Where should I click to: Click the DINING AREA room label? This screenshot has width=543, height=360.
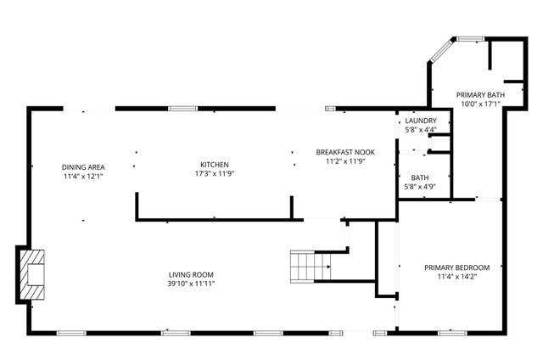(82, 166)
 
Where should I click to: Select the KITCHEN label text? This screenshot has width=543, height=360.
(214, 165)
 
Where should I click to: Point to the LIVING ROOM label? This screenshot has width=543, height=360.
(191, 274)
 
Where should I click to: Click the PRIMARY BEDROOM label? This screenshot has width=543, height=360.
(456, 267)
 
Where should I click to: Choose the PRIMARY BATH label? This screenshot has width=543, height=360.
(480, 94)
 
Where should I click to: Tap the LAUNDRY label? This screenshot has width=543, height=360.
(420, 121)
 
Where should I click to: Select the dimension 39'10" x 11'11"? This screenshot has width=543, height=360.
(191, 284)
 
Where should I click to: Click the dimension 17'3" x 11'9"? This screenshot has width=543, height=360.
(214, 174)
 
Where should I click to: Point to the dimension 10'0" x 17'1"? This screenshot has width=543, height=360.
(480, 104)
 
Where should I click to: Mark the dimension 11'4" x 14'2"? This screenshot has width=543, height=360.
(456, 277)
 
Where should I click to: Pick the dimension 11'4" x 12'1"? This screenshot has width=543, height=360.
(82, 177)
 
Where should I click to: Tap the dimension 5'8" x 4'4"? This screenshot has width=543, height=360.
(420, 130)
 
